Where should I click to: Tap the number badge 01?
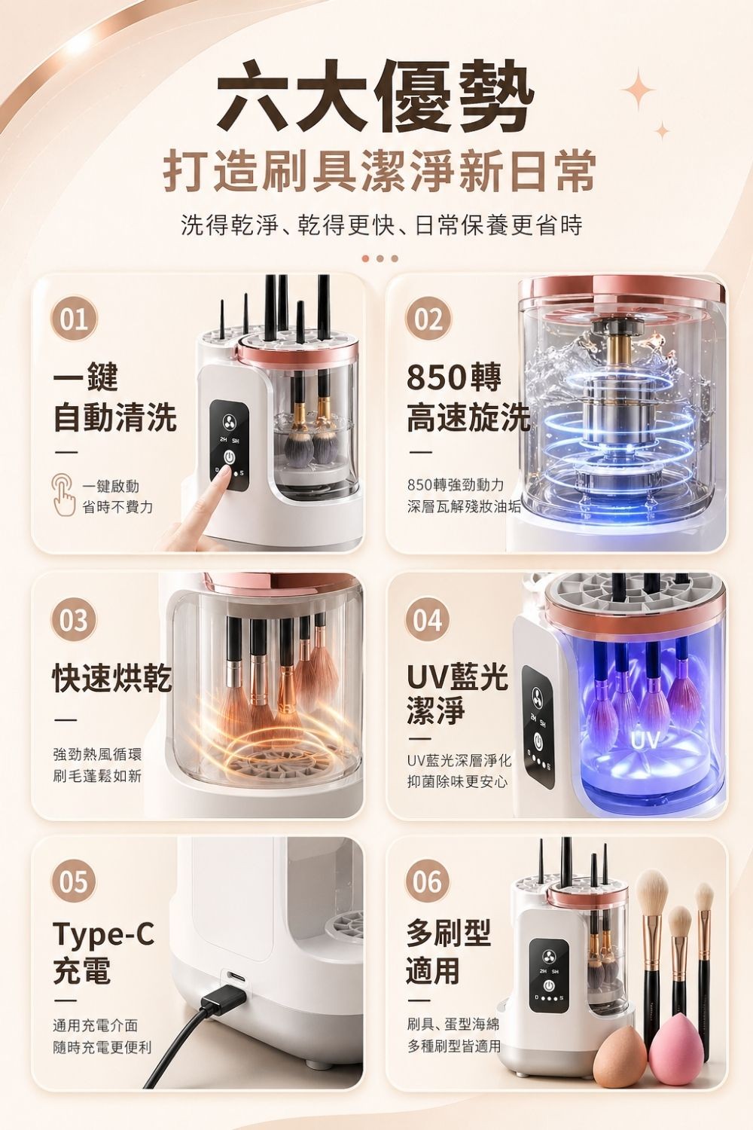(74, 319)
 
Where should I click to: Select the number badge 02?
(428, 319)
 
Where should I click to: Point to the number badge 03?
(74, 621)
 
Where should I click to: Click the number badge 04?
(428, 621)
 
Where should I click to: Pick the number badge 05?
(74, 881)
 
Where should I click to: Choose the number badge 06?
(428, 881)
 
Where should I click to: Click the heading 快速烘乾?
(111, 678)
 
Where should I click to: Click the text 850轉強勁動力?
(456, 484)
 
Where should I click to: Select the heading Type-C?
(103, 934)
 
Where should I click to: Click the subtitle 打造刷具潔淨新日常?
(380, 171)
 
